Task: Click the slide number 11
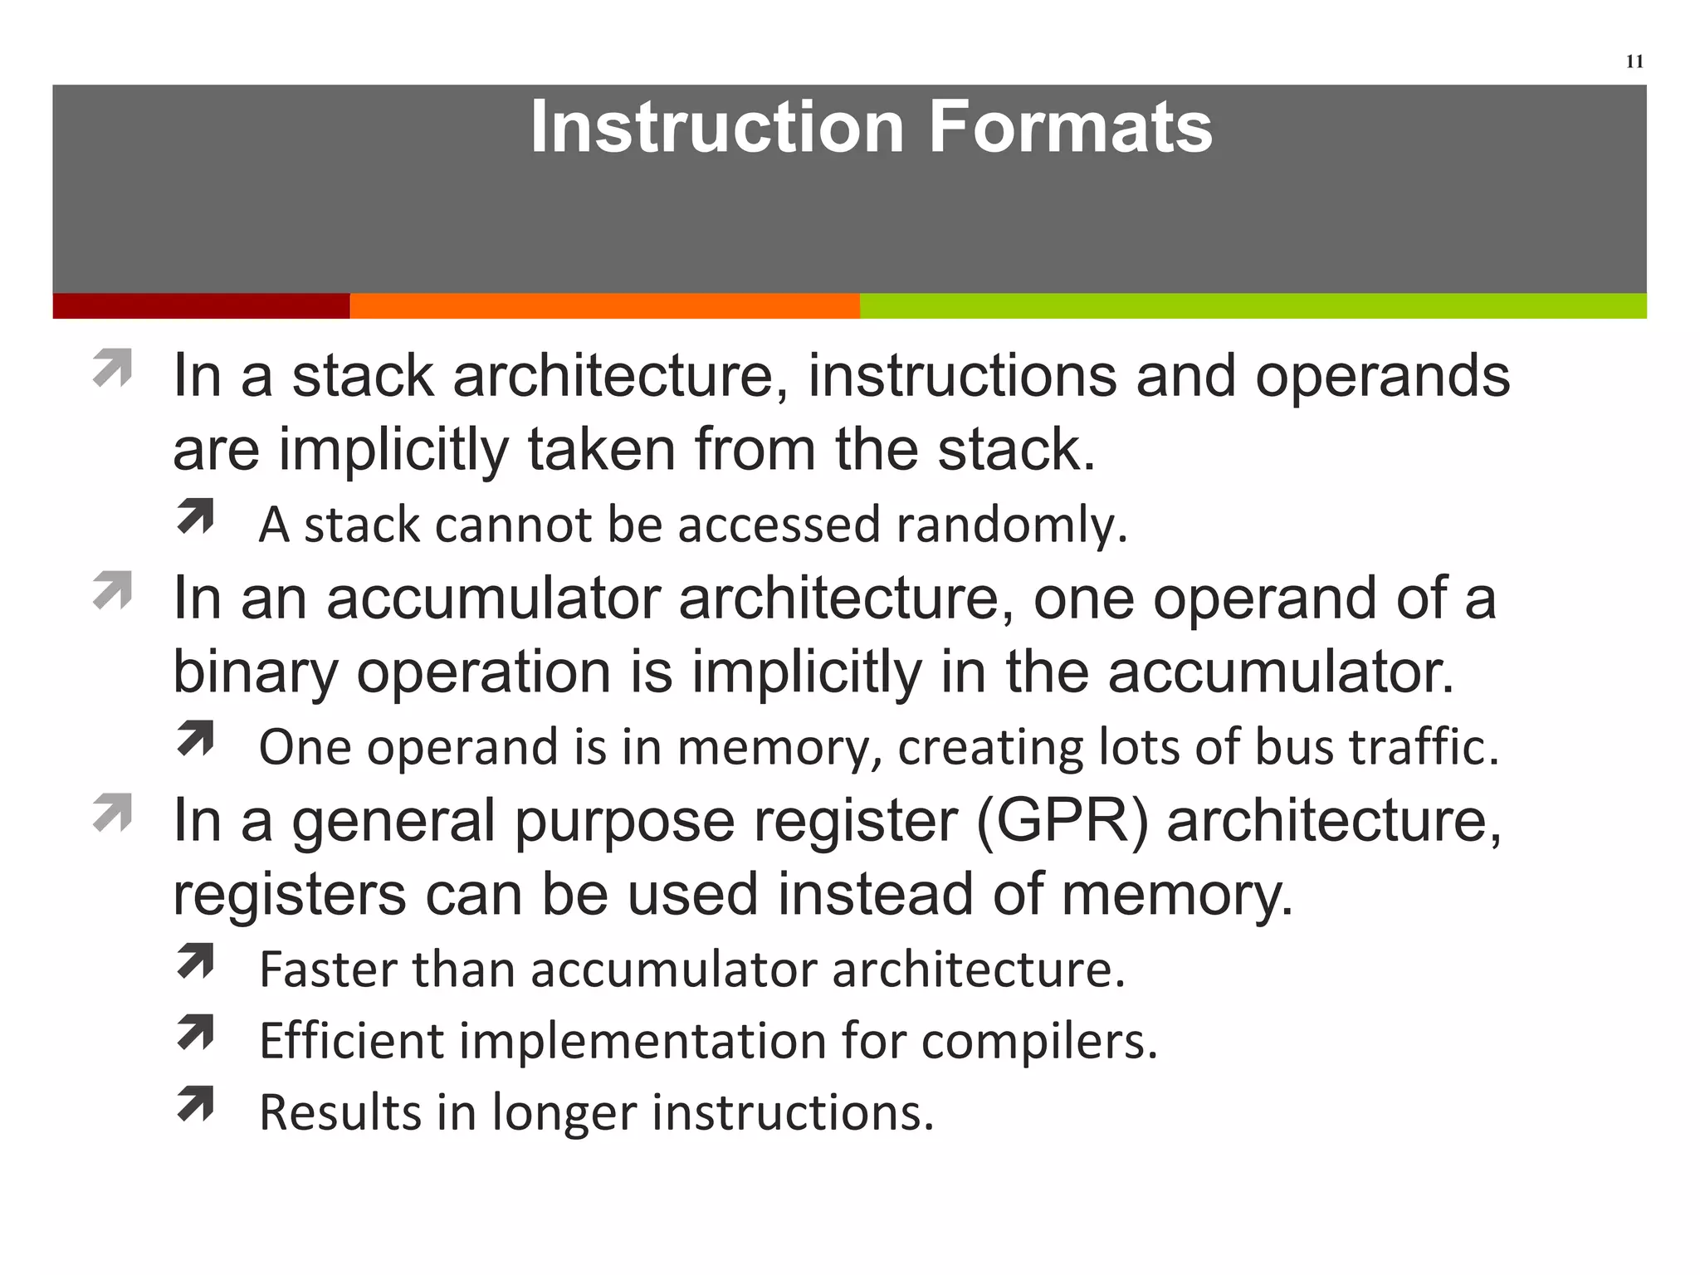1634,61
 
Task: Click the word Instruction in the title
716,127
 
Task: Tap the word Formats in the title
1070,127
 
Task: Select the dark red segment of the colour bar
201,306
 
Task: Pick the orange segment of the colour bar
604,306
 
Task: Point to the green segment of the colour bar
1253,306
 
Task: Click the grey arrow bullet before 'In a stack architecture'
113,368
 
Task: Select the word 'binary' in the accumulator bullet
255,672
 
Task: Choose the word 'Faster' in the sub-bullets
329,969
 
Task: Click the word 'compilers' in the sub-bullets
1038,1041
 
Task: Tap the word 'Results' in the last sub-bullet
340,1112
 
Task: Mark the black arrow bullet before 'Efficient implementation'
196,1033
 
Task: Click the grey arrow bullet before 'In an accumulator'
113,590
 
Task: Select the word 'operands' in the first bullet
1382,377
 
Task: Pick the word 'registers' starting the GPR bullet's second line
289,895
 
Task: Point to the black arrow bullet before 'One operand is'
196,738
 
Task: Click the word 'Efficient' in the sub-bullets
352,1040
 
